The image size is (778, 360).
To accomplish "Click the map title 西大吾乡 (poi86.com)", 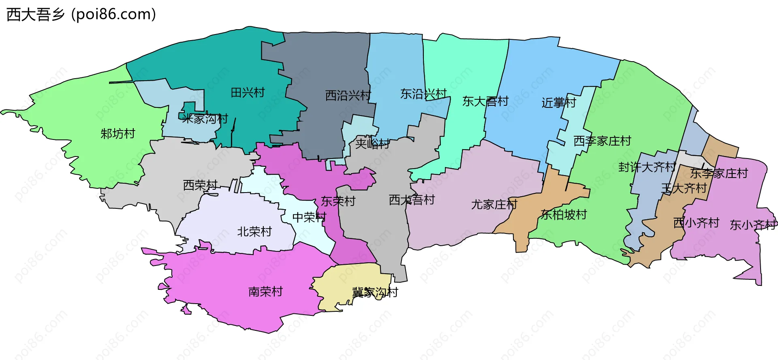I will click(81, 15).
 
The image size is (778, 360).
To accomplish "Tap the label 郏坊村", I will click(118, 133).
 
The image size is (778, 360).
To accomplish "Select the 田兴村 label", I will click(248, 93).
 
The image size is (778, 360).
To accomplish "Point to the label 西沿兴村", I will click(348, 96).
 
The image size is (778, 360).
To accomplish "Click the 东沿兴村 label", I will click(423, 94).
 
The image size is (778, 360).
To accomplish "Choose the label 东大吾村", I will click(485, 101).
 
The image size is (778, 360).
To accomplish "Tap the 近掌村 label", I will click(559, 103).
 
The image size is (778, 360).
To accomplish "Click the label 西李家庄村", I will click(602, 141).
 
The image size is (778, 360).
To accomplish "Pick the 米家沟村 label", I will click(205, 119).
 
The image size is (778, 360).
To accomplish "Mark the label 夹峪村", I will click(372, 144).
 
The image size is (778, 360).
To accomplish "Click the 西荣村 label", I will click(201, 185).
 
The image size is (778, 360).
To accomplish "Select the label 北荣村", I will click(254, 232).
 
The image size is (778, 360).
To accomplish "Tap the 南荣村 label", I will click(265, 291).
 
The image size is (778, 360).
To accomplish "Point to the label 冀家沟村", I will click(375, 292).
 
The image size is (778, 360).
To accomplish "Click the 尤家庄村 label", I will click(494, 205).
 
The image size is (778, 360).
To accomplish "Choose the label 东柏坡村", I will click(564, 215).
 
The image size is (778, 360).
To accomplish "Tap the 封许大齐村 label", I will click(647, 167).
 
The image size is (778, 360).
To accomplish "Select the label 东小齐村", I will click(753, 225).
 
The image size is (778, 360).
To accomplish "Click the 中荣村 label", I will click(309, 217).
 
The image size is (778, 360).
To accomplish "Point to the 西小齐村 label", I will click(696, 223).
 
